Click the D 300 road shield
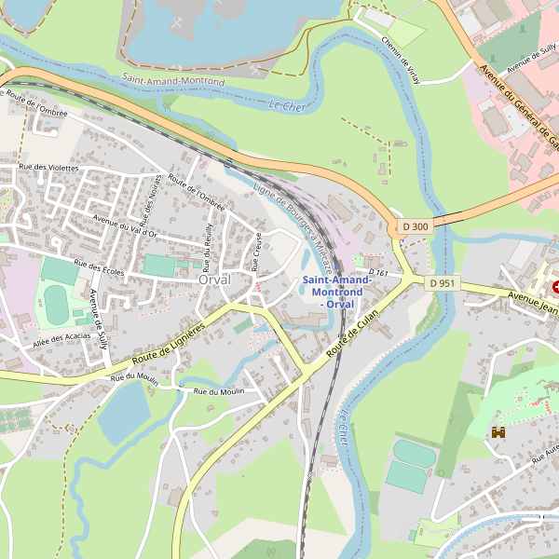[416, 226]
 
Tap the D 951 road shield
[443, 282]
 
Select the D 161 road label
[377, 273]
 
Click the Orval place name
[214, 279]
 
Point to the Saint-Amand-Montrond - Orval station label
[336, 292]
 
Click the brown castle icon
[498, 432]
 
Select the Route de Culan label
[356, 332]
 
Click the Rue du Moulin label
[219, 391]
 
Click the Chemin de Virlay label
[401, 60]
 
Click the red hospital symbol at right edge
[555, 288]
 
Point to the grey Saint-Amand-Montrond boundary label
[173, 81]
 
